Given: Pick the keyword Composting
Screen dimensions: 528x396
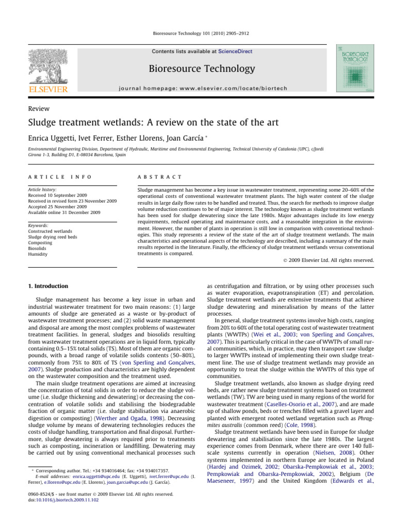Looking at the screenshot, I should (42, 242).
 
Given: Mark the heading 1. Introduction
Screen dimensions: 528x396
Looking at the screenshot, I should (48, 286).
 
